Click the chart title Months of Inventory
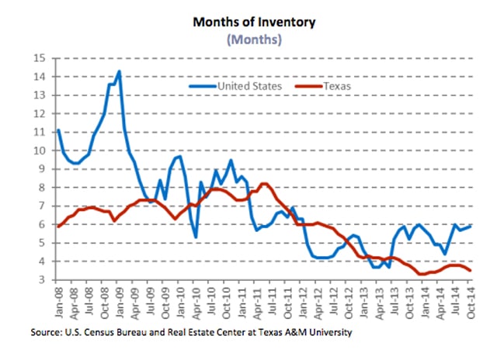coord(255,22)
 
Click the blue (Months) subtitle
coord(255,40)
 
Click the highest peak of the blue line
coord(119,71)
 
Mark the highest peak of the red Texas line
coord(264,183)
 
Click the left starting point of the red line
coord(58,226)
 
